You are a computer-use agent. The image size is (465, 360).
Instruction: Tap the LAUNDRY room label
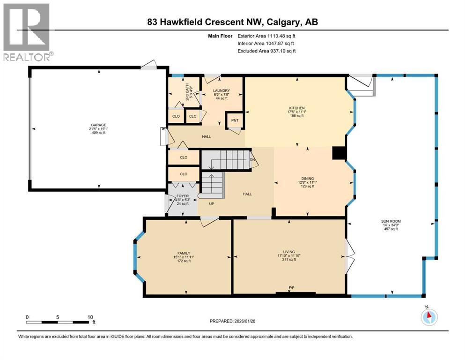(221, 90)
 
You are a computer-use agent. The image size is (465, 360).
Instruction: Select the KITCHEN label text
(296, 108)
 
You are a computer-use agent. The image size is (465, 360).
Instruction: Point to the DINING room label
(308, 178)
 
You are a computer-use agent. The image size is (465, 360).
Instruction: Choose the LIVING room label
(289, 252)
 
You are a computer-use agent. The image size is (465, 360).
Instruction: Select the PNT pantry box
(235, 120)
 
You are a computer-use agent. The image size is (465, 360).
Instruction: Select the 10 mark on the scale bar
(89, 317)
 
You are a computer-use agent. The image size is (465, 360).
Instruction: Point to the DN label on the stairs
(253, 160)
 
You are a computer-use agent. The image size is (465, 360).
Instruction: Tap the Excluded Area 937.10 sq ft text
(266, 51)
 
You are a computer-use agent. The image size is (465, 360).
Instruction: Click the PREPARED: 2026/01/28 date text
(232, 321)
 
